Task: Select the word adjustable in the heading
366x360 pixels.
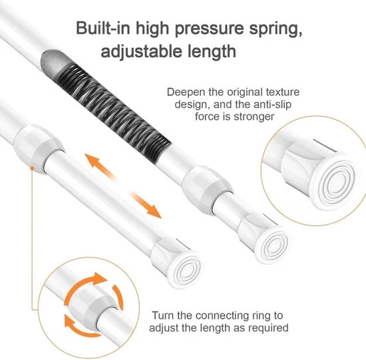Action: point(141,52)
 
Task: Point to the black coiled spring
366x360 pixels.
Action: point(114,112)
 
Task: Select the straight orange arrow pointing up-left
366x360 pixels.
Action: point(100,166)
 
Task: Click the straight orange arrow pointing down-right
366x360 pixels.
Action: point(145,204)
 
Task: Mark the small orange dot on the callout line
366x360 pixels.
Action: point(33,168)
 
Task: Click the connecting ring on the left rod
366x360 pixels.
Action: point(38,148)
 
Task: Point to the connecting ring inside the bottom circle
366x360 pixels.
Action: point(93,305)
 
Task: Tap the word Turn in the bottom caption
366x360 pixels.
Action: point(163,315)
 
